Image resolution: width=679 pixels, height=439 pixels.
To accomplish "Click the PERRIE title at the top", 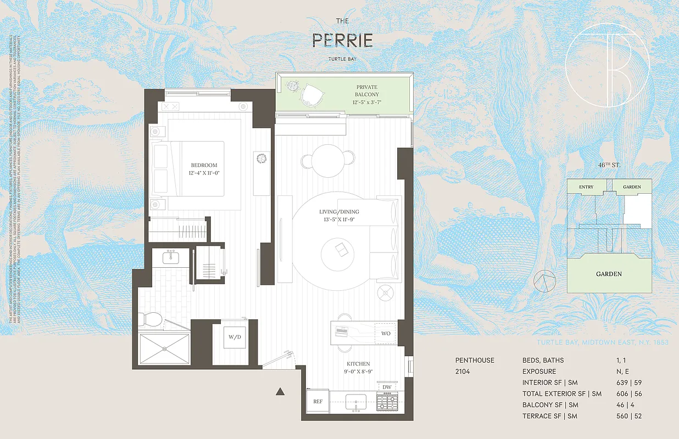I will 342,40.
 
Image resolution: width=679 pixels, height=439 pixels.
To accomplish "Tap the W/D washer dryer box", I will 229,337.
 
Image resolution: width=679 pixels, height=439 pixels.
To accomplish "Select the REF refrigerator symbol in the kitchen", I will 318,401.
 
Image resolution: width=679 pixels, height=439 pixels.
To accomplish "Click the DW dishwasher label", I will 386,387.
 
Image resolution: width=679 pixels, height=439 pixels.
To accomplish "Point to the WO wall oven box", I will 386,334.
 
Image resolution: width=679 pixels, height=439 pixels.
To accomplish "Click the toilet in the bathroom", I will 149,319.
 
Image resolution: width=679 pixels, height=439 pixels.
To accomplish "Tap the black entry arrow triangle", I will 280,391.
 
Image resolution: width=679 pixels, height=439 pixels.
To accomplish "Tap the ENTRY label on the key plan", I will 586,187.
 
